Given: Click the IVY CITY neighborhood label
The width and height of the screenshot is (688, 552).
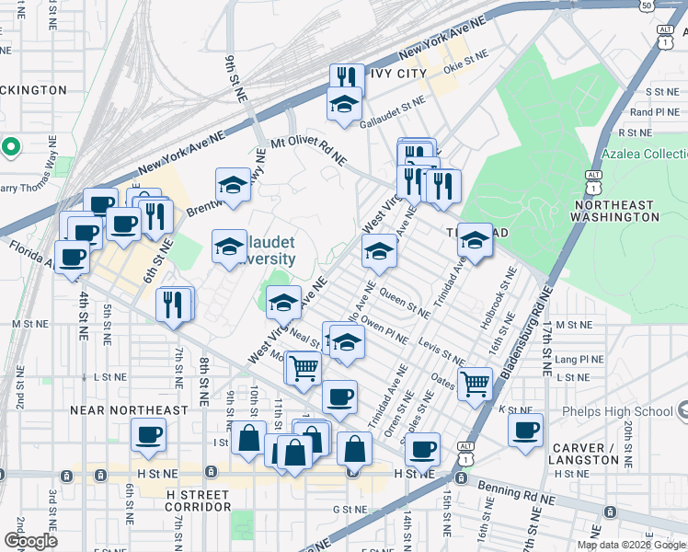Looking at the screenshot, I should (398, 73).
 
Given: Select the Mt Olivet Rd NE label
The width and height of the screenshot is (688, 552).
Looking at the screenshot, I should (308, 151).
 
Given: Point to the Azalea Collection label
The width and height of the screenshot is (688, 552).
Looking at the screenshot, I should (644, 154).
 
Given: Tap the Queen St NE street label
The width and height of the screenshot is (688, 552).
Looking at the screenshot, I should (404, 303).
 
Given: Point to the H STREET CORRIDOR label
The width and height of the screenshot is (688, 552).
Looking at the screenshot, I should (198, 500).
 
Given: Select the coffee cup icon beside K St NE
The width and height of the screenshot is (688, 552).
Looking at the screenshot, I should (525, 429).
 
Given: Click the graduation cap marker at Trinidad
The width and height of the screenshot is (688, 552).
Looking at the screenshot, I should (475, 240).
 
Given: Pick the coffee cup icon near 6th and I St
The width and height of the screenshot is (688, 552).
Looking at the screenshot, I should (148, 433).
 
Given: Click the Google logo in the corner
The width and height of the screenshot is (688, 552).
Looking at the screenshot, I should (31, 541).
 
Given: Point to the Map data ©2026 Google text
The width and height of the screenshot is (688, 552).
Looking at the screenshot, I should (631, 545).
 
